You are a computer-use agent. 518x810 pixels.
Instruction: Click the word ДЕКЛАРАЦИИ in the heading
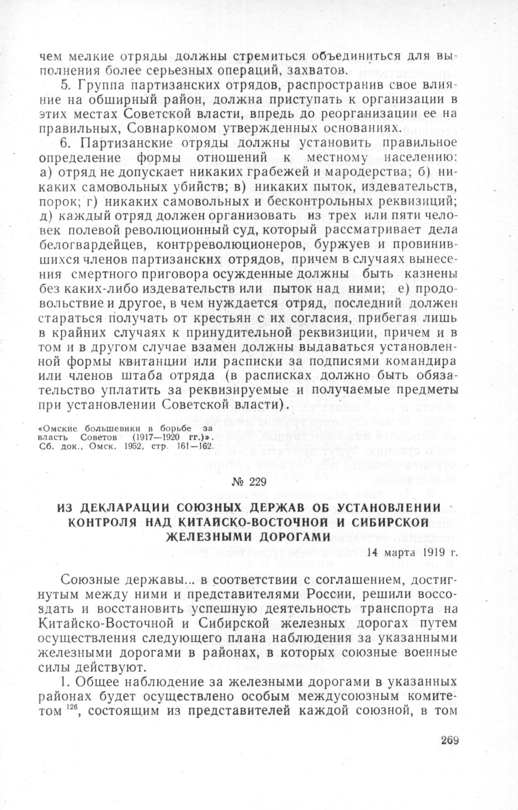tap(121, 508)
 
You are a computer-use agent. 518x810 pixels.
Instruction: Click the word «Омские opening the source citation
tap(57, 428)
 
